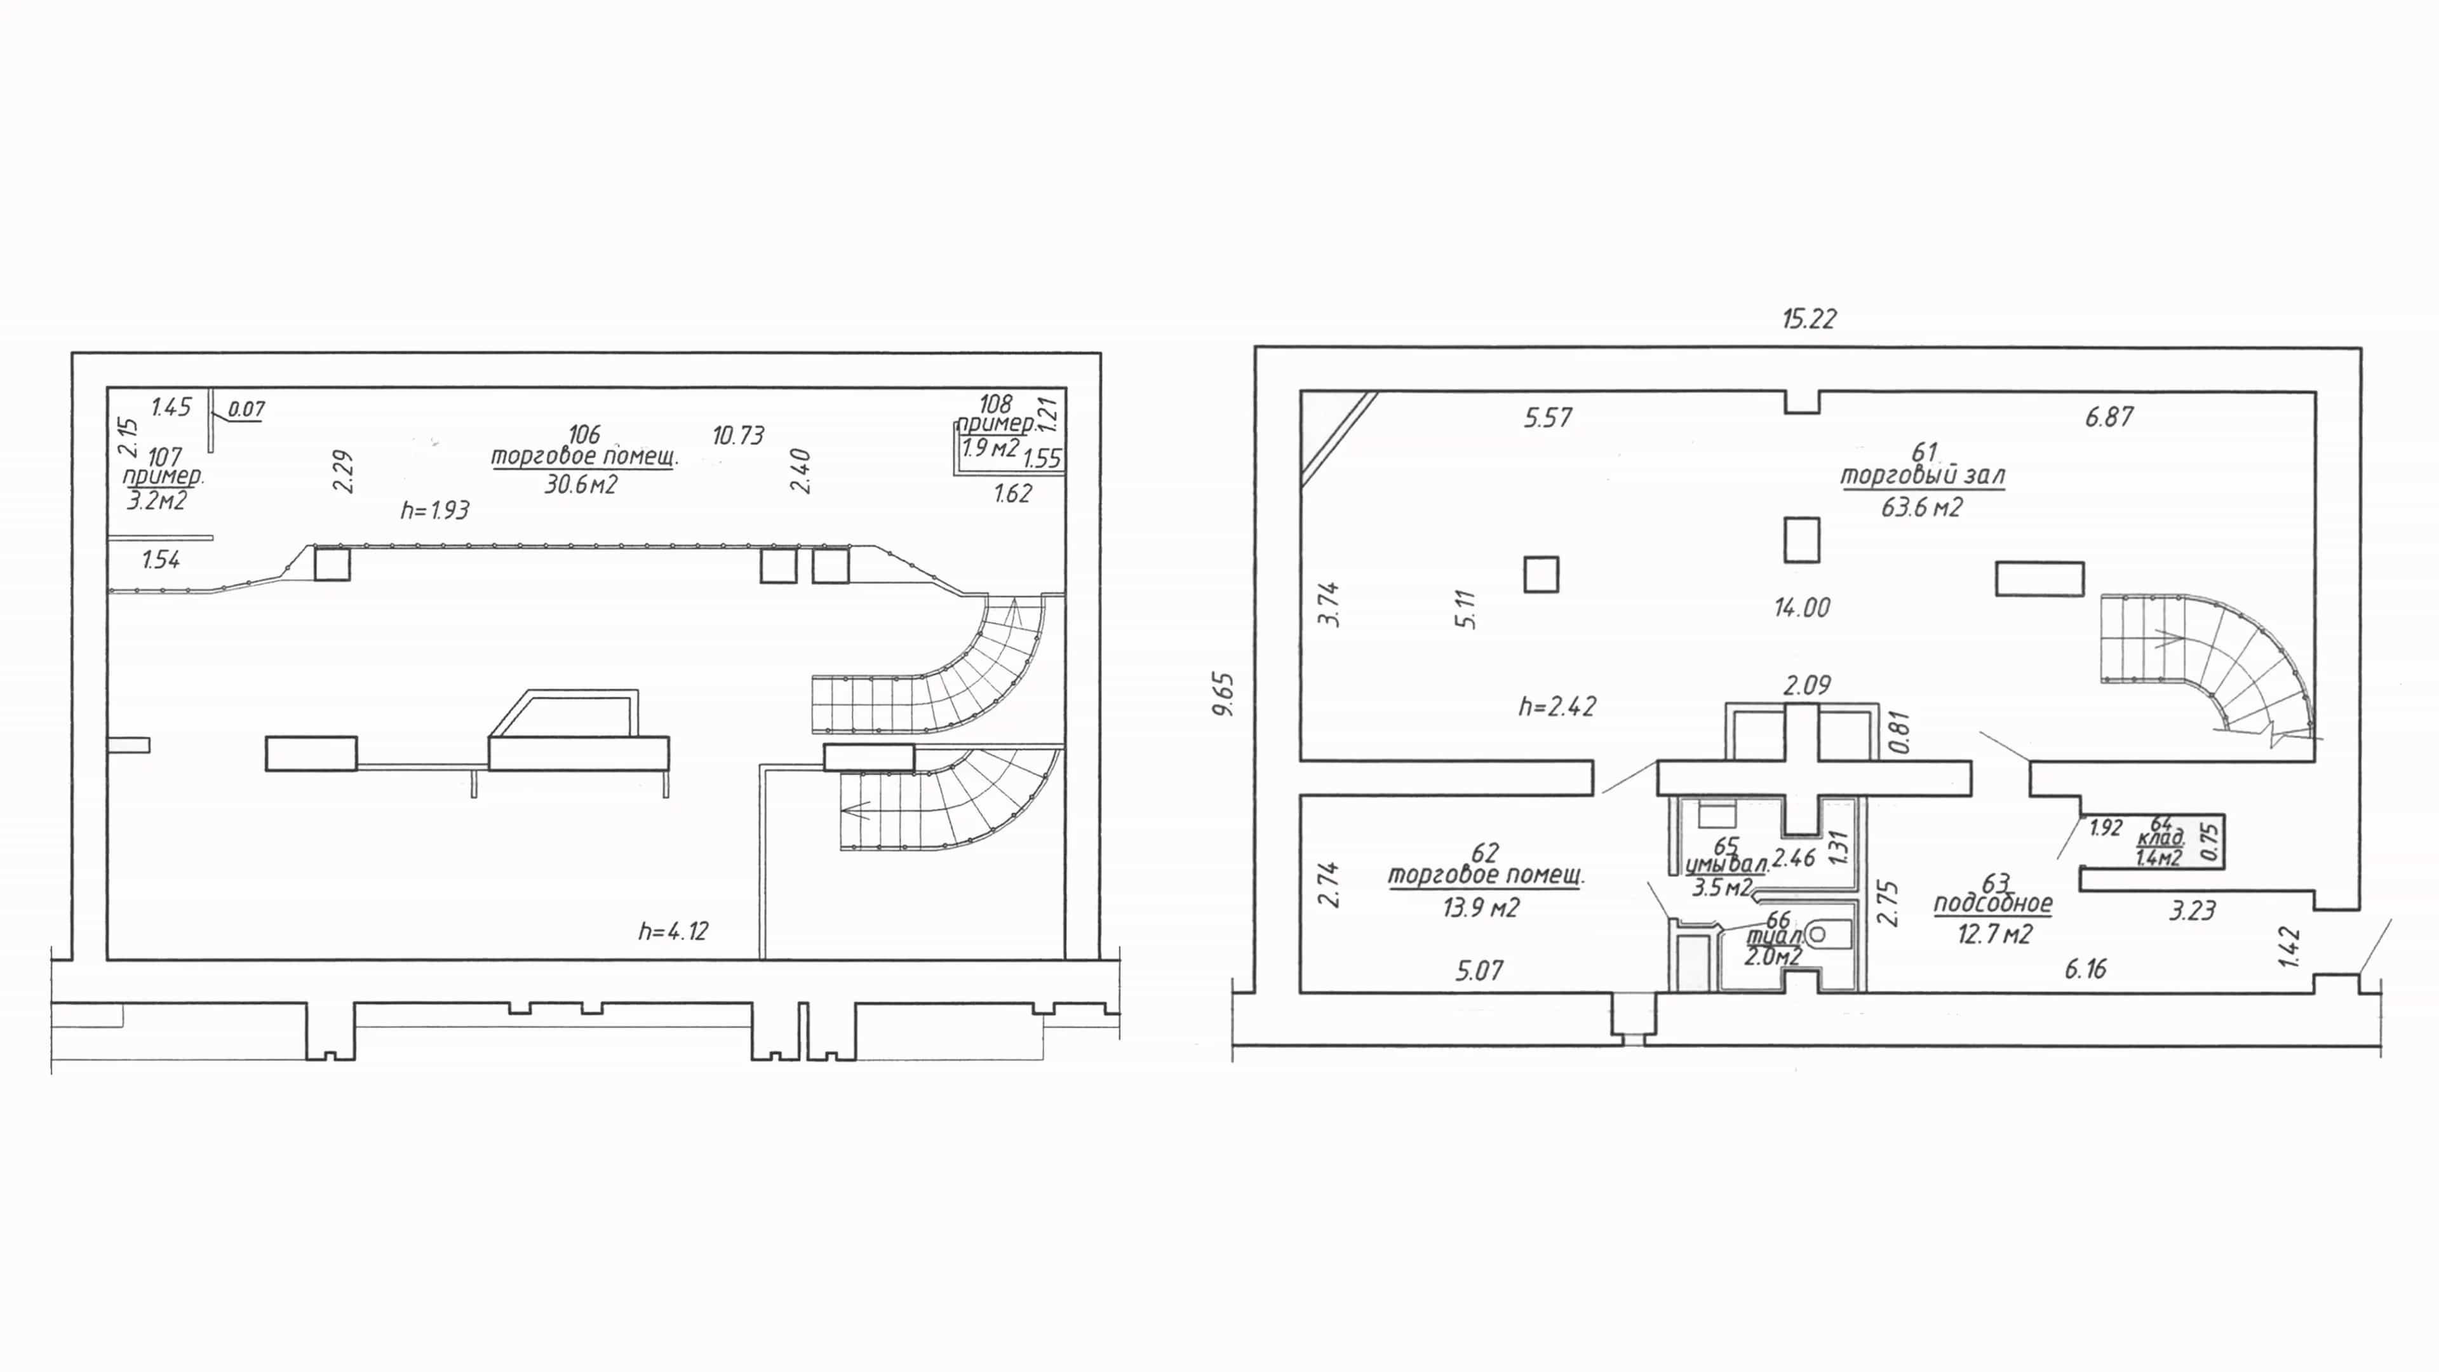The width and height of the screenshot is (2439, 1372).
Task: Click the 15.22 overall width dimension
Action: (x=1808, y=319)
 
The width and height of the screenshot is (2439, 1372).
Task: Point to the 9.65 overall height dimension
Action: (x=1223, y=694)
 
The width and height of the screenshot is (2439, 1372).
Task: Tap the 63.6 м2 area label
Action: (x=1922, y=508)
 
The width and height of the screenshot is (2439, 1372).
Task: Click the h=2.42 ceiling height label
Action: (x=1557, y=706)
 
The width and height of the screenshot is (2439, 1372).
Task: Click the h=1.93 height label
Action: (x=434, y=510)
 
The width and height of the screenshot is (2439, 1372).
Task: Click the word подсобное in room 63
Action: (x=1993, y=903)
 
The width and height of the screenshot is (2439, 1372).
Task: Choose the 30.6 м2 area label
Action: (x=581, y=485)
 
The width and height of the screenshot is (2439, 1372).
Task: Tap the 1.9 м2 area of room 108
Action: (x=990, y=447)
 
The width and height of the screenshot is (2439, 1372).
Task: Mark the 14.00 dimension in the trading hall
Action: (x=1802, y=608)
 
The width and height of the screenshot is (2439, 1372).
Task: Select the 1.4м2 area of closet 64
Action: (x=2159, y=858)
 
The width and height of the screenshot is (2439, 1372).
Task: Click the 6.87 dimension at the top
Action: (x=2109, y=417)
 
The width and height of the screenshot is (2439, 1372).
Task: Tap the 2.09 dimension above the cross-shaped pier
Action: (x=1806, y=685)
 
